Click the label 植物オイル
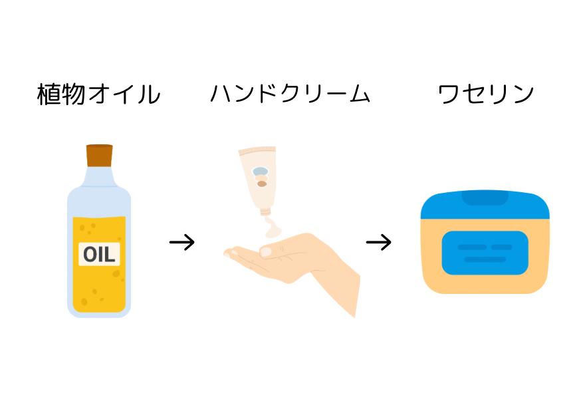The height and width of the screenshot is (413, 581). [98, 94]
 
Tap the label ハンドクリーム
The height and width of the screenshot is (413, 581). [290, 94]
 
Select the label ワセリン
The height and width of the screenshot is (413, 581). [486, 94]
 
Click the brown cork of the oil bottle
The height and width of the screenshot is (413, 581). [99, 155]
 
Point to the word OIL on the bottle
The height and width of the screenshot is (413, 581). [99, 253]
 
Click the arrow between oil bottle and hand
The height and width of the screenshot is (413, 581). [181, 242]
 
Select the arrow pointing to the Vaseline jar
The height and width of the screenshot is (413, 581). [378, 242]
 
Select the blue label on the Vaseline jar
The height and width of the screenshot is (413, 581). [485, 253]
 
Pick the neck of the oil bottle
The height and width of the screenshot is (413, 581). [99, 176]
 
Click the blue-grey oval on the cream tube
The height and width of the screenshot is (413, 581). [259, 170]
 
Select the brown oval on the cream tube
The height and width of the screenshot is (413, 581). [262, 184]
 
